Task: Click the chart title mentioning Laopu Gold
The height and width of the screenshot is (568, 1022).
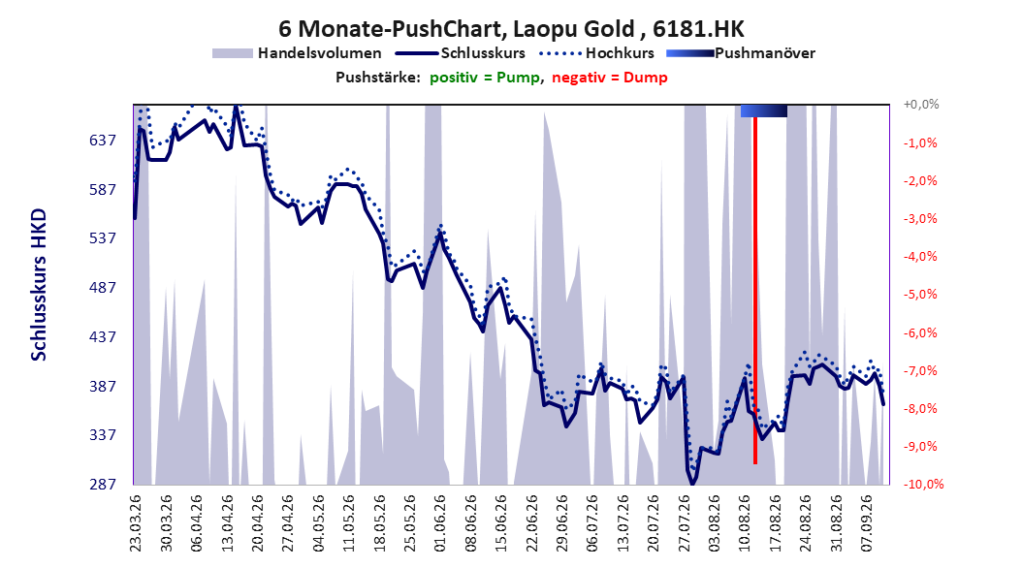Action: click(x=511, y=29)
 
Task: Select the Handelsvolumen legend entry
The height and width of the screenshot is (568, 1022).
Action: click(x=297, y=53)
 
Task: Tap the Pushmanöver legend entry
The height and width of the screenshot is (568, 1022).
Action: click(x=741, y=53)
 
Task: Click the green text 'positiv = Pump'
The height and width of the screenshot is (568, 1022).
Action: click(x=485, y=78)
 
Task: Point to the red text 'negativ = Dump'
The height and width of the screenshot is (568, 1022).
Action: click(x=610, y=78)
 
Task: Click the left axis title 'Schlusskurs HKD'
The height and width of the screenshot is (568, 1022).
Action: click(x=39, y=285)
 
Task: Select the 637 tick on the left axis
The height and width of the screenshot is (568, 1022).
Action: click(x=103, y=140)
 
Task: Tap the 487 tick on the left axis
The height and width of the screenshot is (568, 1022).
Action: click(x=103, y=287)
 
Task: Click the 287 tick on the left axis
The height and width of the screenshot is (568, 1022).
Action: click(x=103, y=484)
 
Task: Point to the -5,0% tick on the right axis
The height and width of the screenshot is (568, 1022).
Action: click(x=920, y=295)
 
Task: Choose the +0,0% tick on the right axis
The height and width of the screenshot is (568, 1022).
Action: click(x=921, y=105)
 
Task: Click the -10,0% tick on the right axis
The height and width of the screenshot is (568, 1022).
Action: click(x=923, y=484)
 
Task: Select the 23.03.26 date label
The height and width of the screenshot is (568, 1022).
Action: click(x=136, y=523)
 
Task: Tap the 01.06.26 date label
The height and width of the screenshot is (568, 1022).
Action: click(x=440, y=523)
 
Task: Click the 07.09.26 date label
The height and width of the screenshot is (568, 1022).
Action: click(x=868, y=523)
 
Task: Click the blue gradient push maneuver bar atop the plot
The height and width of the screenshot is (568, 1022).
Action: click(x=764, y=110)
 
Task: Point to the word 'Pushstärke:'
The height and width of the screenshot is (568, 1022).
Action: click(x=378, y=78)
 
